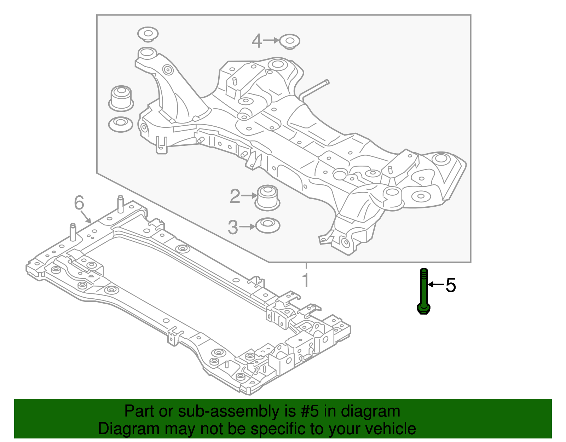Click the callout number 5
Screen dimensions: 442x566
click(x=450, y=285)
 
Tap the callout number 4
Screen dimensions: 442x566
click(x=257, y=41)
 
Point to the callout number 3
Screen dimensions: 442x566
click(x=233, y=227)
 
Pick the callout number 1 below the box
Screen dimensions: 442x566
click(x=306, y=280)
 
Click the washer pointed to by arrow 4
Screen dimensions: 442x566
click(x=290, y=42)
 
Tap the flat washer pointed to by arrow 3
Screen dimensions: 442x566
click(x=267, y=225)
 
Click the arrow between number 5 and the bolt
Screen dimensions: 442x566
click(x=436, y=284)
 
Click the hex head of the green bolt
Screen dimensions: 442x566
click(x=424, y=309)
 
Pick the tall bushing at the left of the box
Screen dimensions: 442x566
click(x=121, y=97)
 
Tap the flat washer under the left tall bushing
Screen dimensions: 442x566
click(x=120, y=124)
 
